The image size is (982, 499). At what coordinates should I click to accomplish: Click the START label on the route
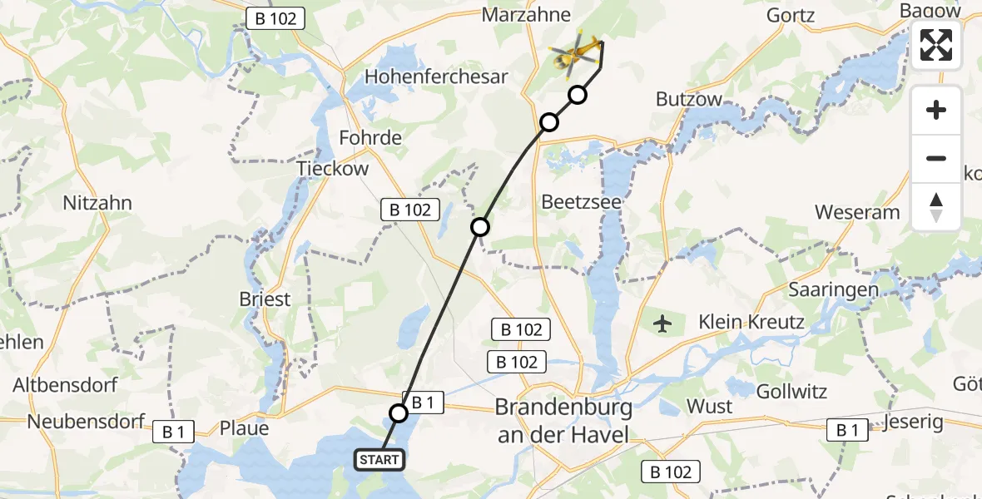coord(380,459)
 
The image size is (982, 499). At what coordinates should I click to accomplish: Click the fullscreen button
coord(936,45)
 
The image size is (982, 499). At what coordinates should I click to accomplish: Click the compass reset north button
coord(936,207)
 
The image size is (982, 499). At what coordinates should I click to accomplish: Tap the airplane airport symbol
coord(663,323)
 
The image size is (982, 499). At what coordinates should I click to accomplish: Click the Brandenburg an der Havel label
coord(563,421)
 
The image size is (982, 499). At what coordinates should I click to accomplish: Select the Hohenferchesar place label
coord(436,77)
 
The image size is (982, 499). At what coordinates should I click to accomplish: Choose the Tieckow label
coord(333,169)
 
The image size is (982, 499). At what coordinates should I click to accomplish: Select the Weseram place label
coord(857,212)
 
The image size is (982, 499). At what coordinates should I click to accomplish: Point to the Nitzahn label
coord(97,203)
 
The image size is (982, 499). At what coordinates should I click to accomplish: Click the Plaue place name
coord(244,428)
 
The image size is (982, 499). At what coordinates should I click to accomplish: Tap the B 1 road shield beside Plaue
coord(173,431)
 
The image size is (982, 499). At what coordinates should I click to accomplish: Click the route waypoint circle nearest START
coord(399,413)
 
